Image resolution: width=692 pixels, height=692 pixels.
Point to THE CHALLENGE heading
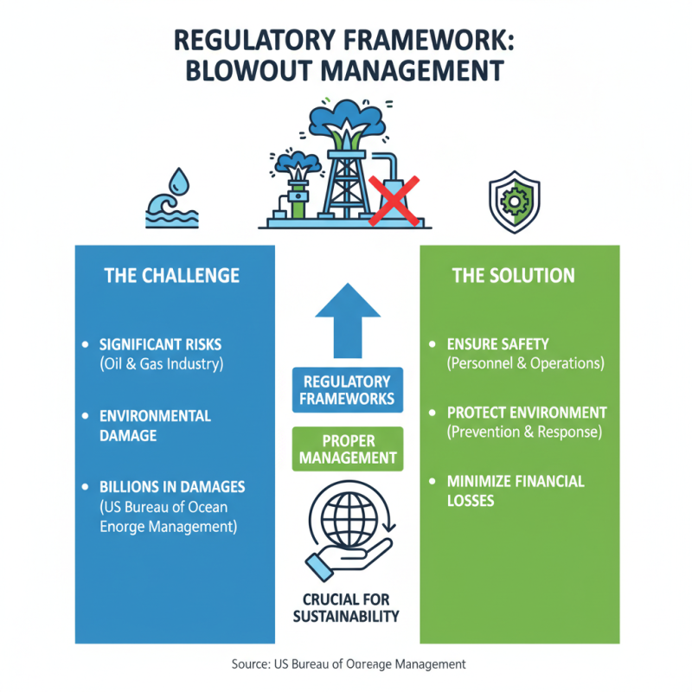point(171,276)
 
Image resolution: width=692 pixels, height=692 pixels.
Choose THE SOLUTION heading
point(513,276)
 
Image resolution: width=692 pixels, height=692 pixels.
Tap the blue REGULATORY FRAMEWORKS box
point(347,389)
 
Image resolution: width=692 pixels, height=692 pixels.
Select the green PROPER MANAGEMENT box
point(347,450)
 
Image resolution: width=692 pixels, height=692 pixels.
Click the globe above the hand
point(346,517)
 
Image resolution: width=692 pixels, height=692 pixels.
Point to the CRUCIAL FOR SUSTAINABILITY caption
point(346,608)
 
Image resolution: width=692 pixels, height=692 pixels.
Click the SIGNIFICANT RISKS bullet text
point(161,345)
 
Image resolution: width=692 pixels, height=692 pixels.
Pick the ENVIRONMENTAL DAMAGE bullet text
point(155,426)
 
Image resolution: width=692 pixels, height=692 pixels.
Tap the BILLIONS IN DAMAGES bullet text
point(172,487)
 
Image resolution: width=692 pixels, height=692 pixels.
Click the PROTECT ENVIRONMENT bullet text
point(527,413)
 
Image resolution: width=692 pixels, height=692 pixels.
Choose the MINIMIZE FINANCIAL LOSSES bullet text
point(516,490)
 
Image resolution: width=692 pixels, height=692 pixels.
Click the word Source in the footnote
point(252,664)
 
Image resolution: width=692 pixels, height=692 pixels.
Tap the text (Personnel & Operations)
point(525,364)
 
